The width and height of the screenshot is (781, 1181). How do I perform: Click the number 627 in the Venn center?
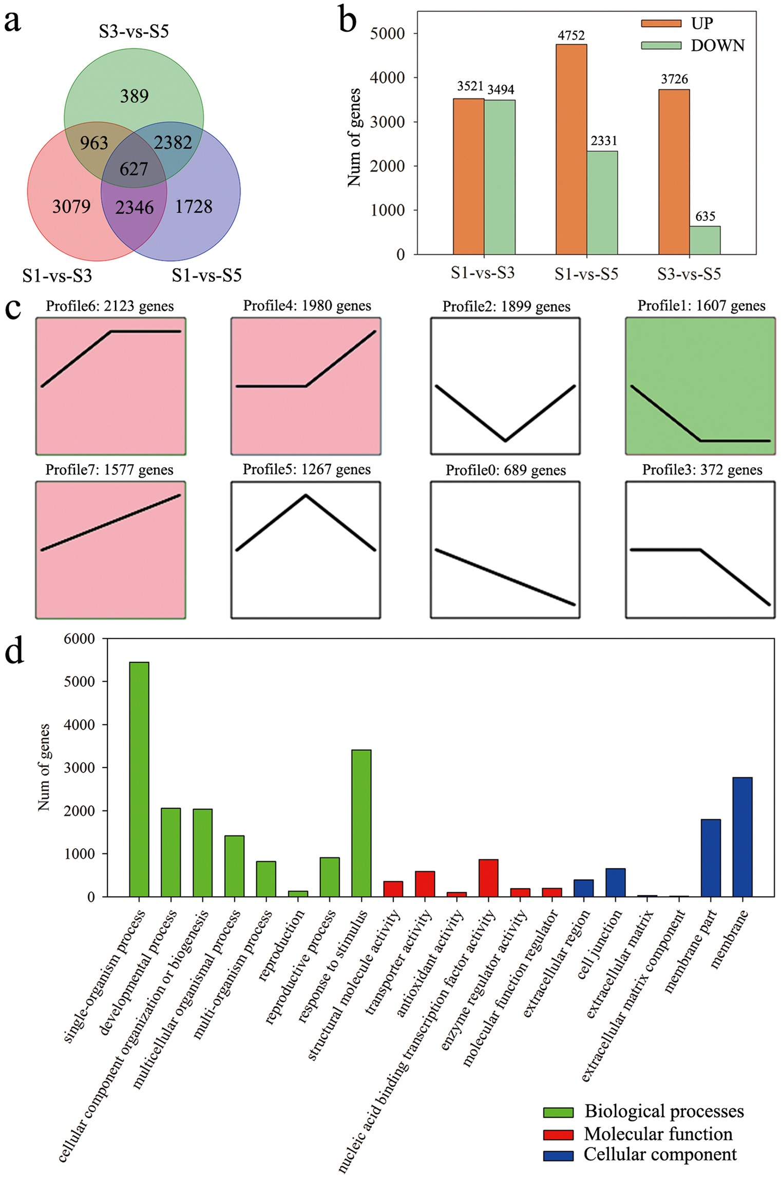[x=134, y=169]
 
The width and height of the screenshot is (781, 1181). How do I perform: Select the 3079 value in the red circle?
[x=71, y=206]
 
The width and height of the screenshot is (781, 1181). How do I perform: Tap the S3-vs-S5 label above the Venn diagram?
[x=134, y=31]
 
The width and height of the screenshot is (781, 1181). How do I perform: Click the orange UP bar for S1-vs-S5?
[x=571, y=149]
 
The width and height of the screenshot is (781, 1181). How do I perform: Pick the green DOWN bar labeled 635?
[x=704, y=240]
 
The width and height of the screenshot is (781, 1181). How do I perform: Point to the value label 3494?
[x=501, y=90]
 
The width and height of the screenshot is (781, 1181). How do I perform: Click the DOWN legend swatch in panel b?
[x=661, y=46]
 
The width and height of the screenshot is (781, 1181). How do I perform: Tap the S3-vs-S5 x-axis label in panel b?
[x=689, y=274]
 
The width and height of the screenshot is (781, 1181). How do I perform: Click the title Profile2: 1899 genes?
[x=506, y=307]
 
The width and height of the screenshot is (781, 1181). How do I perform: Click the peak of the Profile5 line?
[x=306, y=496]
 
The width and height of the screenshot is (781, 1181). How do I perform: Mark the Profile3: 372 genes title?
[x=702, y=470]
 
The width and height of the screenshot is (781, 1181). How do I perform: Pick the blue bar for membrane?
[x=742, y=837]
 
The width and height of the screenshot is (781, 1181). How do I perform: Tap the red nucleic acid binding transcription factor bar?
[x=488, y=878]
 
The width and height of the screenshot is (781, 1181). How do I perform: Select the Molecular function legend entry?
[x=658, y=1133]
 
